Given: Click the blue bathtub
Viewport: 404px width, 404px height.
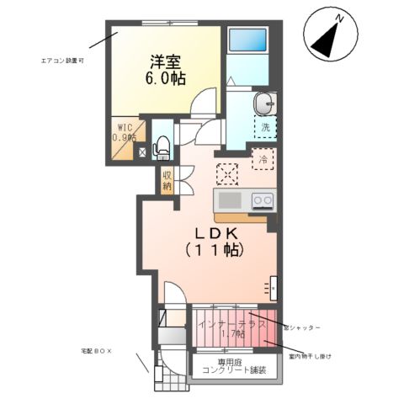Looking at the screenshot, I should click(247, 40).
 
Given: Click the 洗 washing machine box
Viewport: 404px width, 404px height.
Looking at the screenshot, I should click(265, 128).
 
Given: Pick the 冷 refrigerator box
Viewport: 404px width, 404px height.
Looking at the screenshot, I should click(263, 158).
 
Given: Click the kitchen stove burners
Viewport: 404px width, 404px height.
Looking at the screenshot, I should click(263, 201).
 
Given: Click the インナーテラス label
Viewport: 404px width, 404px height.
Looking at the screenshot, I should click(231, 324).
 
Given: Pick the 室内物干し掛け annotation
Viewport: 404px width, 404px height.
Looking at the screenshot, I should click(306, 356).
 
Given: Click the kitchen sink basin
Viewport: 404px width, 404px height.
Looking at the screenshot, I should click(228, 201).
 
